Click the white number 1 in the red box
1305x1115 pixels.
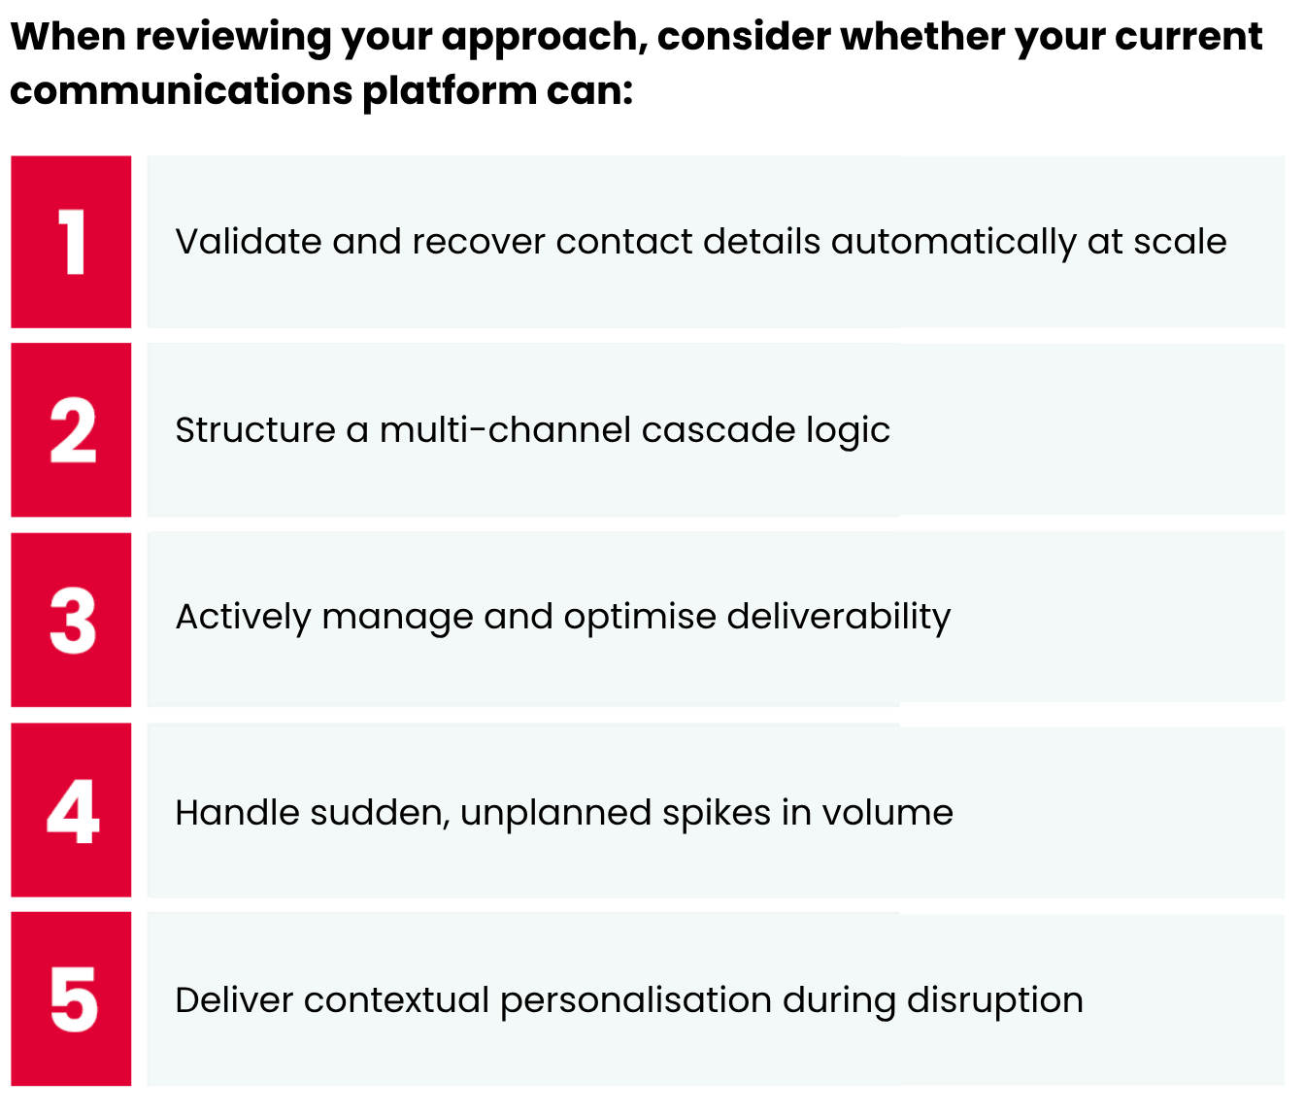click(x=72, y=242)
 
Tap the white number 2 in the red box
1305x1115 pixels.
click(x=73, y=429)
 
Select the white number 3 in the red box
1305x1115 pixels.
click(x=73, y=620)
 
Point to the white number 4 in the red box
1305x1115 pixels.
click(x=73, y=810)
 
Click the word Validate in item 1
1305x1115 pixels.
click(x=248, y=242)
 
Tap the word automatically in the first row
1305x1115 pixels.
click(x=954, y=242)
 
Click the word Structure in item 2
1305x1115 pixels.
click(x=254, y=429)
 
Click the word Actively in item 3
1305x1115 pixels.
click(x=243, y=617)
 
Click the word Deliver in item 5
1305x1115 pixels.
click(x=234, y=999)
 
